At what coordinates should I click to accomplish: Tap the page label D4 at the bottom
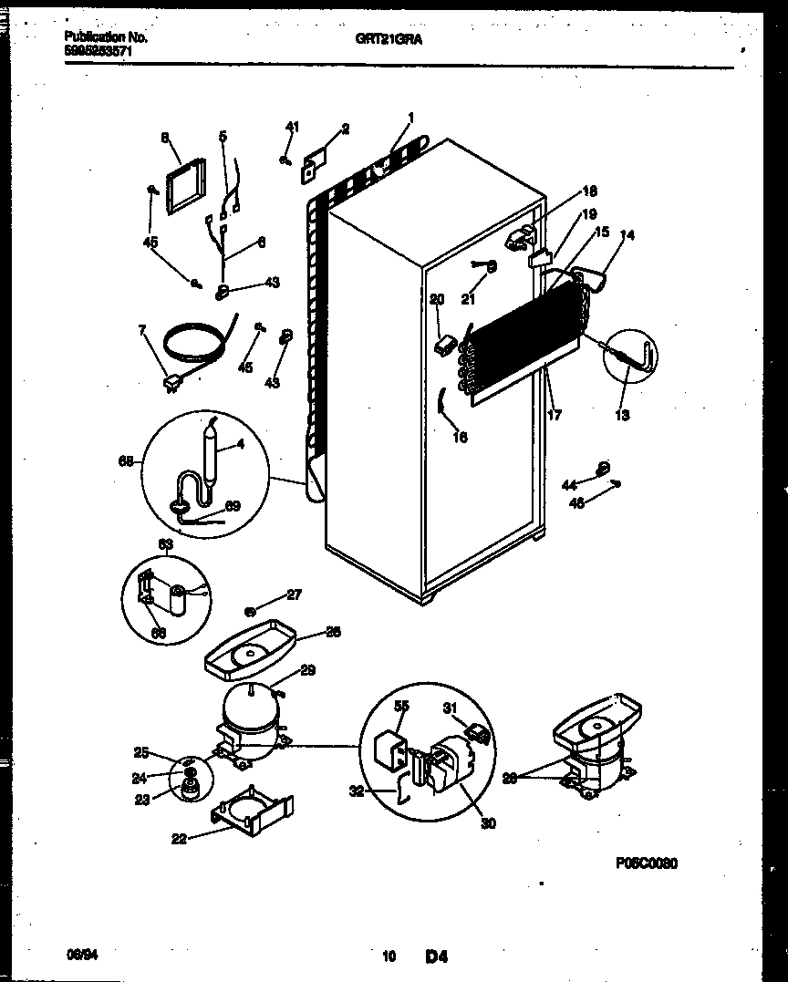click(436, 956)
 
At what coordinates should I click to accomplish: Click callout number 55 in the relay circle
click(402, 706)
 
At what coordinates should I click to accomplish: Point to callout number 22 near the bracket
click(179, 839)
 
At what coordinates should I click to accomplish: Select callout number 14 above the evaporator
click(627, 235)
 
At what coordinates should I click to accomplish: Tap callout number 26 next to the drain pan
click(333, 632)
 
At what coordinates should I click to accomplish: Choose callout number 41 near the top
click(292, 126)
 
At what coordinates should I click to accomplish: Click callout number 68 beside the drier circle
click(128, 462)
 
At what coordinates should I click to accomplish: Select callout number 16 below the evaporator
click(460, 438)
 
